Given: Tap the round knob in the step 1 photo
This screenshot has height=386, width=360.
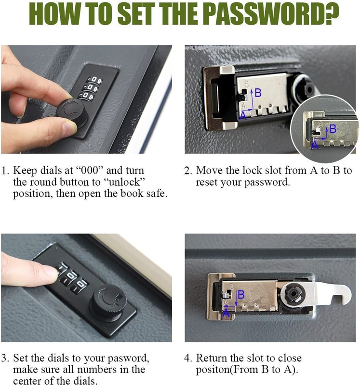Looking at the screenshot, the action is click(72, 113).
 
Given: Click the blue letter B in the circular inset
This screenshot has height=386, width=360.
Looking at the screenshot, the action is click(333, 129).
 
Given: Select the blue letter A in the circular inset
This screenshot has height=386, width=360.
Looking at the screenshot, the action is click(314, 145).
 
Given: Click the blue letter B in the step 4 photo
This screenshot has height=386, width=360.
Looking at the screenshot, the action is click(241, 294).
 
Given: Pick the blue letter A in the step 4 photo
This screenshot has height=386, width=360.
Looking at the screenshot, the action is click(226, 313).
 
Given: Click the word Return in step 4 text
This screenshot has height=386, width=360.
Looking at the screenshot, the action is click(211, 358).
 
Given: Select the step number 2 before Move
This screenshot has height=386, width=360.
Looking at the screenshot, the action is click(188, 171).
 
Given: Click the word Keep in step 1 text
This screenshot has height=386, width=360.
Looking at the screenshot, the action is click(25, 171).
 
